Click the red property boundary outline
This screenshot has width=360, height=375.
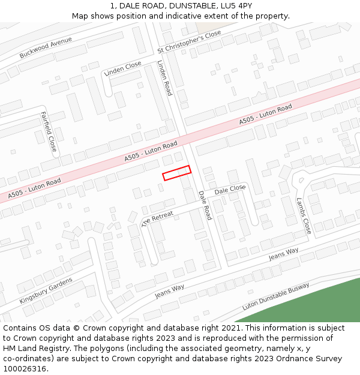176,173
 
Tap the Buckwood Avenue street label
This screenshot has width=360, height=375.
46,47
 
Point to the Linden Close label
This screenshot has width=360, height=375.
123,68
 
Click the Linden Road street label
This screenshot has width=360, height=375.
164,78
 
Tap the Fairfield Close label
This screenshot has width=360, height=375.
48,131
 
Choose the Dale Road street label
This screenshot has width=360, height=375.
205,205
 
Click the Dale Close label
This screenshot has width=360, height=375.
230,190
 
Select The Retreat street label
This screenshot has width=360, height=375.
157,219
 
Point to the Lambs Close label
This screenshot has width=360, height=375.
304,216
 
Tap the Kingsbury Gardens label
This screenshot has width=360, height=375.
46,290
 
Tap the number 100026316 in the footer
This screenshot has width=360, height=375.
25,368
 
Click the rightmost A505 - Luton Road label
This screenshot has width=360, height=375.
266,115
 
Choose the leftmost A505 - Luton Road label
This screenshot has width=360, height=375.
35,188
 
